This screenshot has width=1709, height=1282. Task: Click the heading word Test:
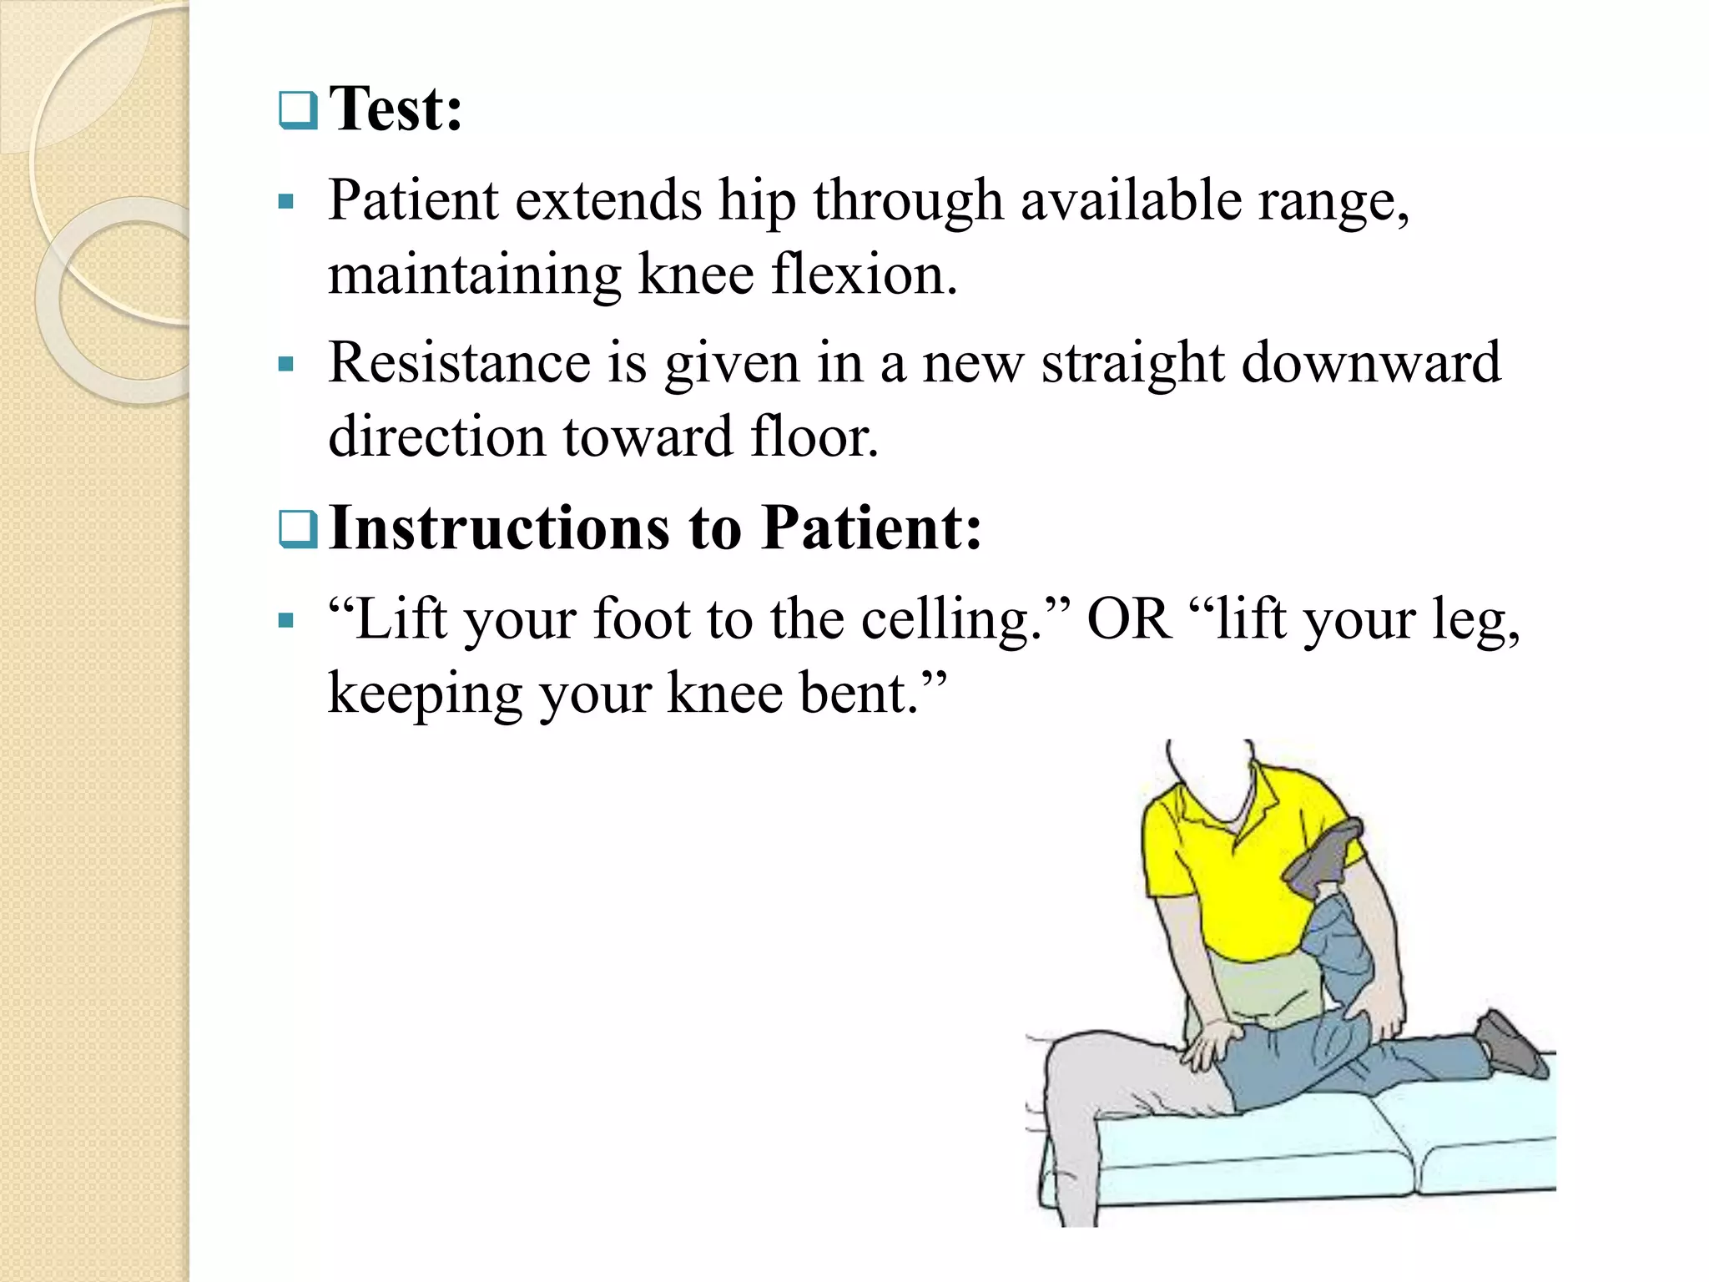(x=396, y=109)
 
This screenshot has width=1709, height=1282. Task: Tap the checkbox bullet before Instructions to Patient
(x=298, y=529)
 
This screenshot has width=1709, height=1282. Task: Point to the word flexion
(x=864, y=275)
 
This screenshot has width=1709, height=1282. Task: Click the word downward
(x=1371, y=363)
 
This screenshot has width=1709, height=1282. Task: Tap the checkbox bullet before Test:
(x=298, y=110)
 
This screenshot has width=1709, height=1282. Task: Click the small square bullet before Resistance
(x=286, y=364)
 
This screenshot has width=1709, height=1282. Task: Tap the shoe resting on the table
(x=1510, y=1043)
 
